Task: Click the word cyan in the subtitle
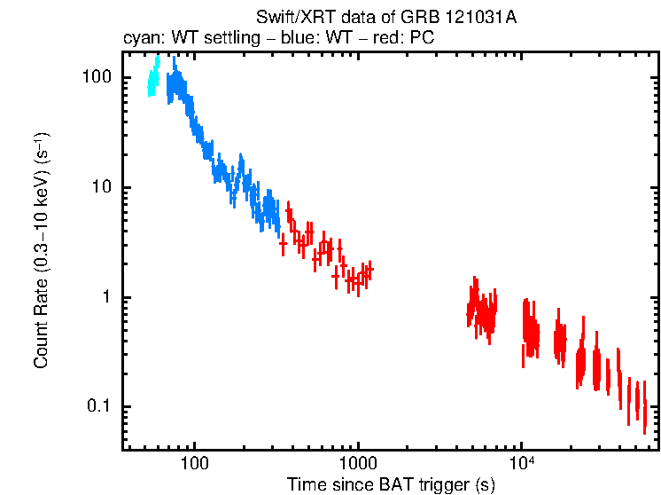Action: coord(139,39)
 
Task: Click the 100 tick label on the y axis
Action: coord(97,78)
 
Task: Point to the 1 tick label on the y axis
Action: coord(106,297)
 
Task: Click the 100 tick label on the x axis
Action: coord(194,463)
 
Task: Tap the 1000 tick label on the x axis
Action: coord(358,463)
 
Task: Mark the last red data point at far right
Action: coord(644,418)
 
